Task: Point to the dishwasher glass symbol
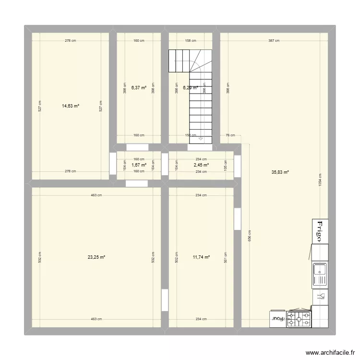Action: click(321, 297)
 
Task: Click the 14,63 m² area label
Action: click(71, 107)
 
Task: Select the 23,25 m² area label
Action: click(96, 257)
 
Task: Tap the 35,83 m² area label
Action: click(280, 172)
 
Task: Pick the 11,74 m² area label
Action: click(201, 257)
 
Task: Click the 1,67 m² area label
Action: click(139, 165)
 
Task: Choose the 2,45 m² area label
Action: click(201, 165)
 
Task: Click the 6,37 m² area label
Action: click(139, 87)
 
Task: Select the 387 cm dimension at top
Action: click(274, 41)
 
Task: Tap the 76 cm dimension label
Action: click(230, 135)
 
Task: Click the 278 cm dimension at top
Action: click(71, 41)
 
